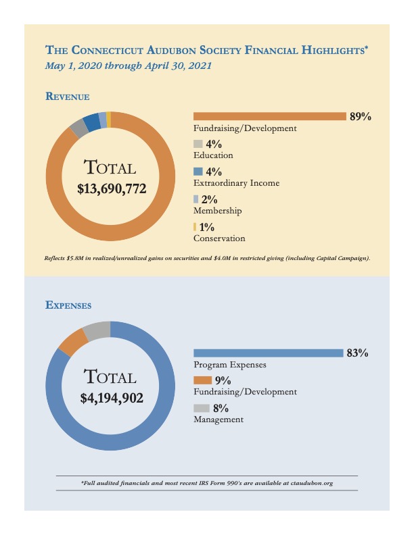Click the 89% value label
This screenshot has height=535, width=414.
pyautogui.click(x=360, y=117)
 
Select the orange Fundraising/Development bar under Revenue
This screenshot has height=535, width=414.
pyautogui.click(x=269, y=116)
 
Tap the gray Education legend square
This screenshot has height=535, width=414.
pyautogui.click(x=198, y=144)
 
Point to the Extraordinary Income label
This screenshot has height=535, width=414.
pyautogui.click(x=236, y=183)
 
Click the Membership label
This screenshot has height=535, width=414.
pyautogui.click(x=217, y=211)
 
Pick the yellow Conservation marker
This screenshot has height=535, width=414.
pyautogui.click(x=195, y=227)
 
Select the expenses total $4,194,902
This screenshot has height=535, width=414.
pyautogui.click(x=112, y=398)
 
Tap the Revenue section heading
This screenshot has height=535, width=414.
pyautogui.click(x=68, y=96)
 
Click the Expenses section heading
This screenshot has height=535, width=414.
pyautogui.click(x=68, y=305)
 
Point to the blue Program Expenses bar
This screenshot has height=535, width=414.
pyautogui.click(x=268, y=353)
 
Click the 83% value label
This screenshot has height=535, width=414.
pyautogui.click(x=356, y=353)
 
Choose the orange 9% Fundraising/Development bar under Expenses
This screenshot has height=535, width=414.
pyautogui.click(x=202, y=380)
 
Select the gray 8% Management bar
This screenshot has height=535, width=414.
pyautogui.click(x=202, y=408)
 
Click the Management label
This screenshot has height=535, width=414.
pyautogui.click(x=218, y=419)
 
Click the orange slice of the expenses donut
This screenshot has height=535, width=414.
pyautogui.click(x=72, y=343)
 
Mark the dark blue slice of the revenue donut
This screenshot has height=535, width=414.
pyautogui.click(x=91, y=123)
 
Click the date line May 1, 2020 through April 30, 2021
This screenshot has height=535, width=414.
pyautogui.click(x=128, y=66)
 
